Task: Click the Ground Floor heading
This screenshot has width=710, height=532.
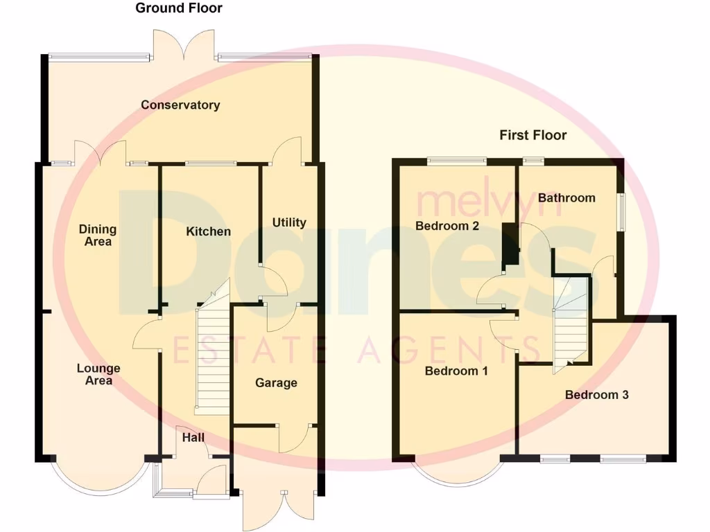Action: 179,8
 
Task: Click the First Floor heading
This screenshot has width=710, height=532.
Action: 532,135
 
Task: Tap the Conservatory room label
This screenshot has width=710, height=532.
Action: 180,105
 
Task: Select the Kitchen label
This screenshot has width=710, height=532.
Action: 208,231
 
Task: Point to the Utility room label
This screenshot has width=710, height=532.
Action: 289,222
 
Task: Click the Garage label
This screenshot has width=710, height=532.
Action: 276,383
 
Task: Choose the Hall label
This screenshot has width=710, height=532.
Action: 193,438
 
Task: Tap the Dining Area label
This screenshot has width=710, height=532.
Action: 97,236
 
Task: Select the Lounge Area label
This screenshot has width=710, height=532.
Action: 98,375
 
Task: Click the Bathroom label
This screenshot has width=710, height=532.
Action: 566,198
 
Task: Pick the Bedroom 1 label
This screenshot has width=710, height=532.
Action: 456,371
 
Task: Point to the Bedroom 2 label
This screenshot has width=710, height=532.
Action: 447,226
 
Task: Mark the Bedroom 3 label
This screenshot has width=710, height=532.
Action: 596,395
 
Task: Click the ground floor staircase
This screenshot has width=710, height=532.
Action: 213,360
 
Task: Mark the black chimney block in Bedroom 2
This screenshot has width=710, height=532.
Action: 510,244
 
